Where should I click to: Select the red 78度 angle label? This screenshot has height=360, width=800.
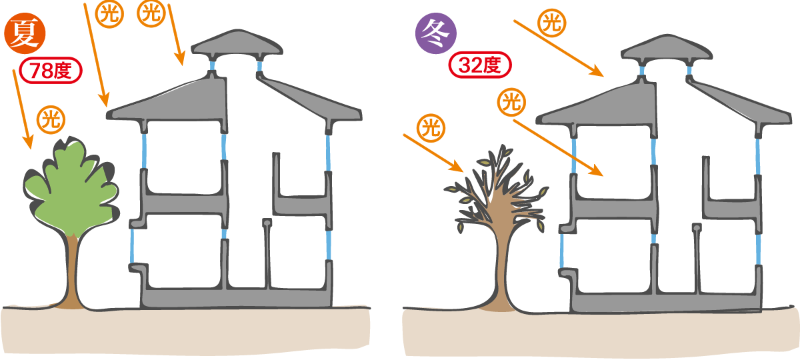pos(51,71)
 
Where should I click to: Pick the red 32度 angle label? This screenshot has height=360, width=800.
pos(480,65)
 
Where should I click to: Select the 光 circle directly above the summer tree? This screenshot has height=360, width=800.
pos(51,120)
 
